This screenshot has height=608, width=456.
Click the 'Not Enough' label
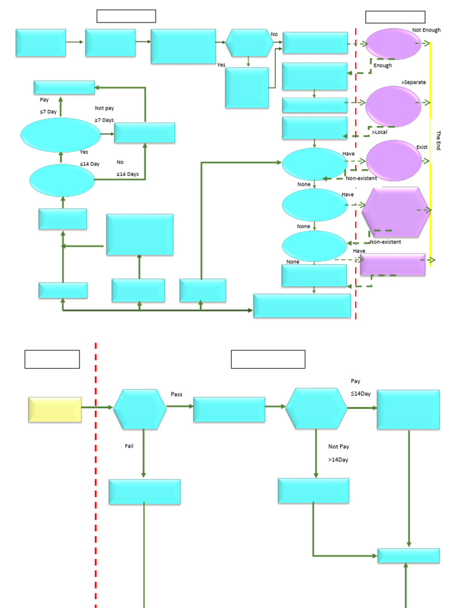426,30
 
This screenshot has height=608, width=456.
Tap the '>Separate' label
413,81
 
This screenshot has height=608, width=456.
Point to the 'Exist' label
422,147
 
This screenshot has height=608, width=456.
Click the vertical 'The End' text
439,140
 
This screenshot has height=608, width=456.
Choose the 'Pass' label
177,394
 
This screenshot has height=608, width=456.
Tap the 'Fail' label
129,446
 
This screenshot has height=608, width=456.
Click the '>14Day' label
338,460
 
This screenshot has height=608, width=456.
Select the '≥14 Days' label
128,174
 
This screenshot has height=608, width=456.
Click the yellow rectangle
55,410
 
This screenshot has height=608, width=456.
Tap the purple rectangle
392,265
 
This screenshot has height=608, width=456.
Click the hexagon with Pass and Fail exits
140,409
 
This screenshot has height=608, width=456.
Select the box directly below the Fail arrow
144,492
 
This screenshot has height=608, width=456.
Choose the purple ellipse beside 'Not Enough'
394,43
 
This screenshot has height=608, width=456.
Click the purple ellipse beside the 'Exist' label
394,160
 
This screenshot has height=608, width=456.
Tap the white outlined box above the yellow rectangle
52,359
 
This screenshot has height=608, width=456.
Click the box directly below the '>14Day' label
313,490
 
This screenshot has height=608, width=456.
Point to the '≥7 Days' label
104,120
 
